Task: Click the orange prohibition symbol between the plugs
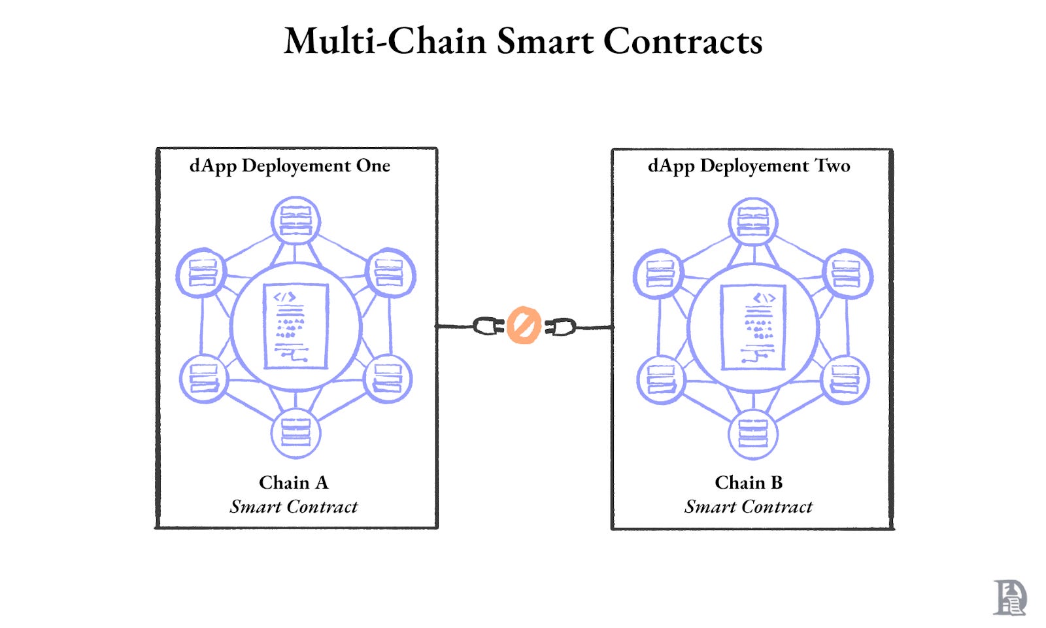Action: (x=524, y=325)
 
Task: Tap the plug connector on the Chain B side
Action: (x=560, y=326)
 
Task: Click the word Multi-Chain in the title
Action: (x=385, y=41)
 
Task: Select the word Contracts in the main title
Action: (x=683, y=41)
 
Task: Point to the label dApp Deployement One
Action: (x=290, y=166)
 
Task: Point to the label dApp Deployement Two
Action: (x=749, y=166)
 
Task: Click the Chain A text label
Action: (x=294, y=483)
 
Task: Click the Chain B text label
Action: (x=749, y=483)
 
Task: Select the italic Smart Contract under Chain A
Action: (x=294, y=507)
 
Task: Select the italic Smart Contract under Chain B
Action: (x=749, y=507)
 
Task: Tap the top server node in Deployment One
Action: (x=295, y=221)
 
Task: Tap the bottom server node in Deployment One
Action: (x=295, y=432)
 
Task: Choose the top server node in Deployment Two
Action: (x=753, y=221)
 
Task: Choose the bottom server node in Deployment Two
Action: (x=753, y=432)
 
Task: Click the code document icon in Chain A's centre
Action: (x=295, y=326)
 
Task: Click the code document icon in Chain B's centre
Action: (x=753, y=326)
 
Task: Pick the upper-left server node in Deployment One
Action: (x=202, y=273)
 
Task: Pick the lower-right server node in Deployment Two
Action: (x=845, y=379)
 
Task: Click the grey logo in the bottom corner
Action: (x=1009, y=597)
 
